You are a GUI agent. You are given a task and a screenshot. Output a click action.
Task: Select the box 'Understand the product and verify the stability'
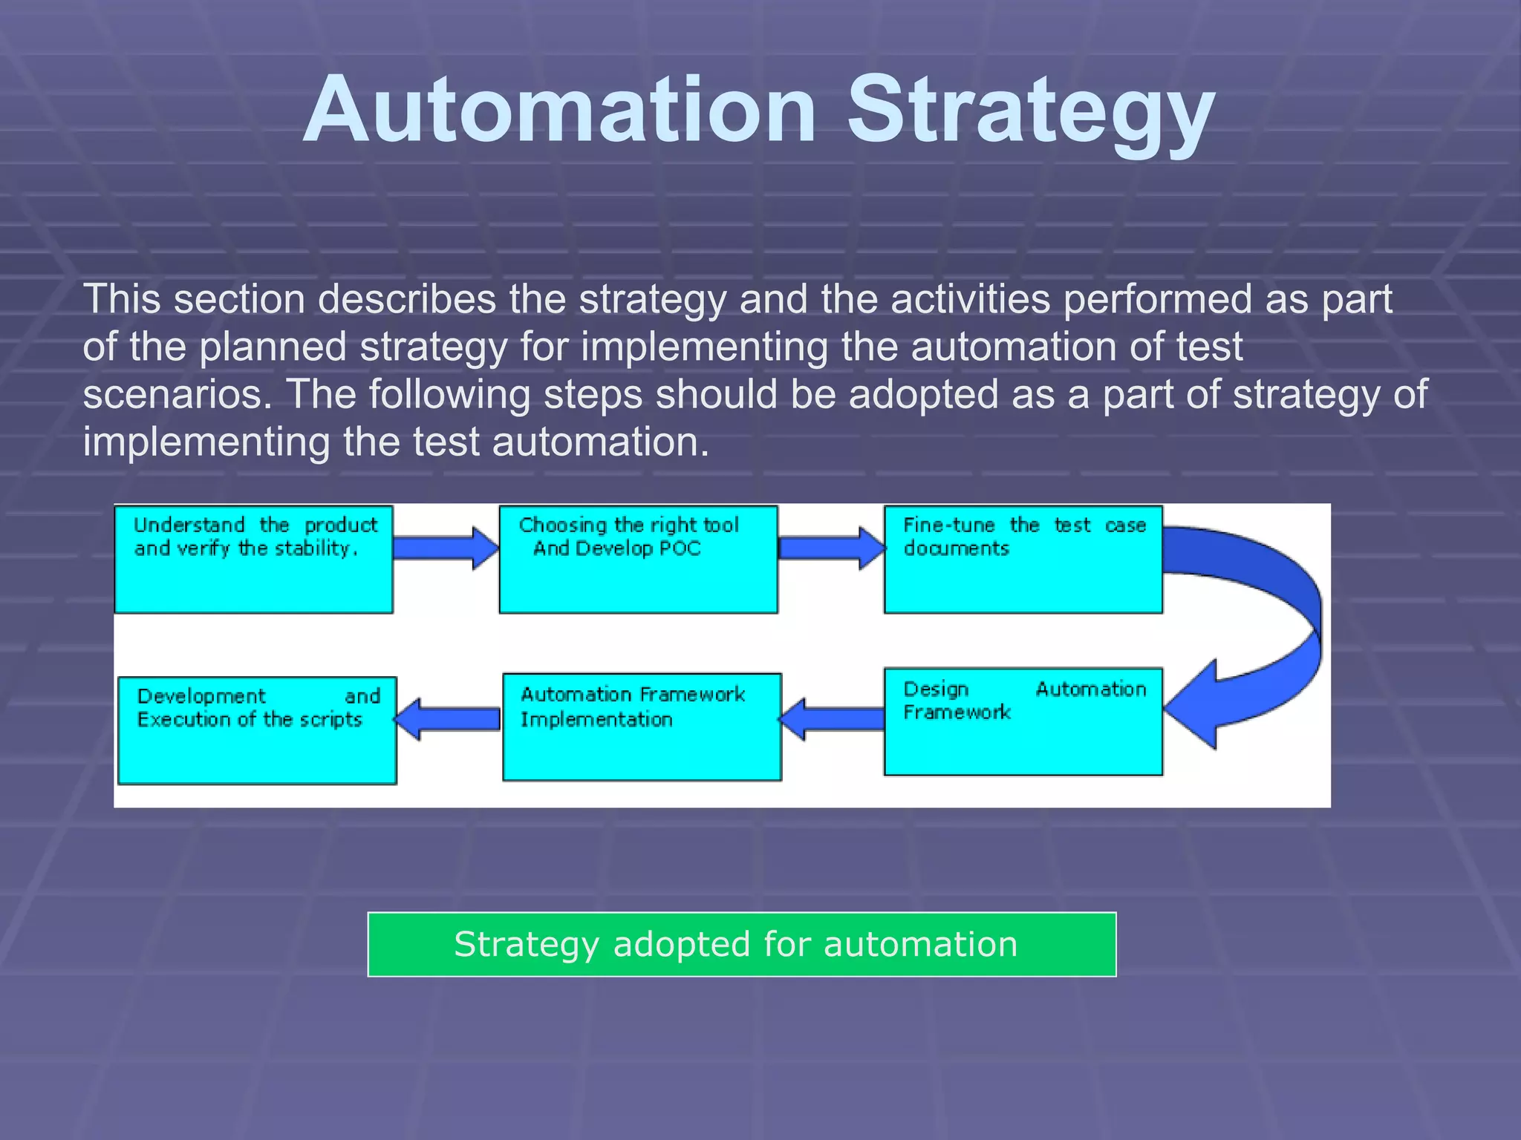click(x=253, y=560)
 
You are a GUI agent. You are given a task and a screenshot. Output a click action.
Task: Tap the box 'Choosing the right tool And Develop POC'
click(x=638, y=560)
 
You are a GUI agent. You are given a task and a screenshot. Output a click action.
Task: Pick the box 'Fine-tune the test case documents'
click(x=1023, y=560)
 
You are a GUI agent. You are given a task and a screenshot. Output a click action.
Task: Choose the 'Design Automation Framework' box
click(x=1023, y=721)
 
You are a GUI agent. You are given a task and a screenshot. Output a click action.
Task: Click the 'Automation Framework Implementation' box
click(x=642, y=727)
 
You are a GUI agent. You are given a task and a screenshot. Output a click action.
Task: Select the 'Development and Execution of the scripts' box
click(x=257, y=730)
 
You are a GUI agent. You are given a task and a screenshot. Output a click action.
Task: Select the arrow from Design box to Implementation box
click(x=832, y=719)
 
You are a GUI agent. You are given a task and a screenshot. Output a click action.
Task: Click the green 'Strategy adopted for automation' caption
click(x=741, y=944)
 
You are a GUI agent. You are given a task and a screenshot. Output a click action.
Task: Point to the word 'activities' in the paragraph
click(x=970, y=299)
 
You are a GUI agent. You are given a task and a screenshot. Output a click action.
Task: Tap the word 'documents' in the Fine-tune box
click(x=957, y=548)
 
